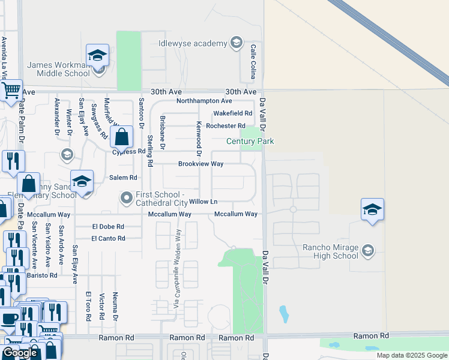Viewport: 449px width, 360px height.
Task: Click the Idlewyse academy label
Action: [x=193, y=43]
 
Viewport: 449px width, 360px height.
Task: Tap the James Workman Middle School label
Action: [x=58, y=69]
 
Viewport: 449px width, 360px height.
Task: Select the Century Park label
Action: [x=250, y=141]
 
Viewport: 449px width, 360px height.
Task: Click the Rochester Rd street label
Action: [x=226, y=126]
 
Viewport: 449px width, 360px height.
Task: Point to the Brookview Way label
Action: [x=200, y=164]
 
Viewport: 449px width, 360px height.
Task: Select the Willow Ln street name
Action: [x=203, y=202]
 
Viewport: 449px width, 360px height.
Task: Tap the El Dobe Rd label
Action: [x=108, y=227]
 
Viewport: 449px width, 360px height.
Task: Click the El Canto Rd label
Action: [x=108, y=239]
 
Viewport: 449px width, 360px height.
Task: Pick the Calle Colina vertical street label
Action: [x=253, y=62]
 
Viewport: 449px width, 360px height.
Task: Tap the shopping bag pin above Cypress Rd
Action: [x=122, y=137]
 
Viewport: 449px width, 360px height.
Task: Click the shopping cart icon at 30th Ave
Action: [x=10, y=91]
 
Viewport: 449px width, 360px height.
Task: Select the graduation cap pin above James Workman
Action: [x=97, y=56]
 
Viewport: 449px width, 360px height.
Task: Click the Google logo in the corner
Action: [x=20, y=353]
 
